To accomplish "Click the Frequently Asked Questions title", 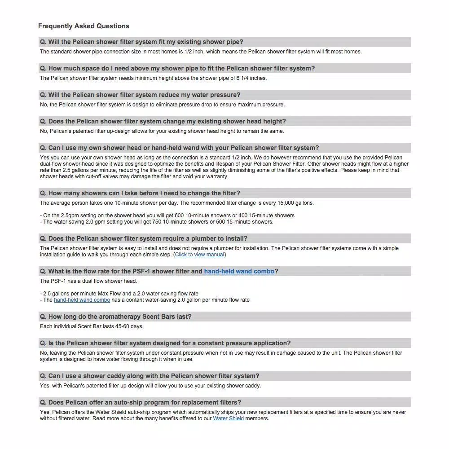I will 84,26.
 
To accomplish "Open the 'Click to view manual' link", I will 199,255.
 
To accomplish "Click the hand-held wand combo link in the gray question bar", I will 239,271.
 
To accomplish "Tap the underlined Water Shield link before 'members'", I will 229,418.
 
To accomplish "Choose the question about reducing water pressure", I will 140,95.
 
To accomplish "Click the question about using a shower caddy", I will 150,376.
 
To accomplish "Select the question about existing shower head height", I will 163,121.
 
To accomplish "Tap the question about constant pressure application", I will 165,343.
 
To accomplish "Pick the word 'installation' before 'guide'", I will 53,255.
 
